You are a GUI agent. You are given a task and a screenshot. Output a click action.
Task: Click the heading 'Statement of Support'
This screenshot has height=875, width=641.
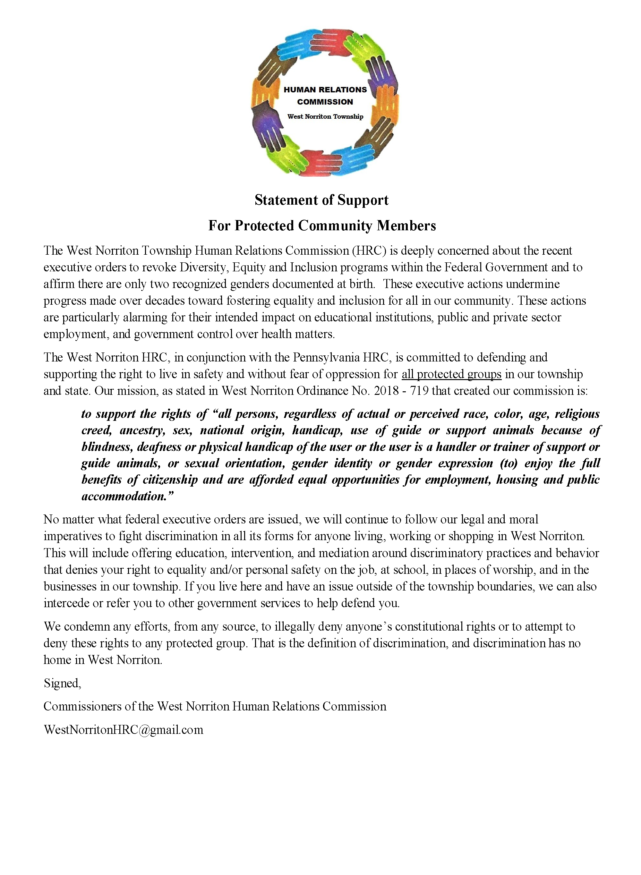point(321,200)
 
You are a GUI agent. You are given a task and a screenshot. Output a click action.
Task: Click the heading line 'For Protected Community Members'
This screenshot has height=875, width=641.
point(322,225)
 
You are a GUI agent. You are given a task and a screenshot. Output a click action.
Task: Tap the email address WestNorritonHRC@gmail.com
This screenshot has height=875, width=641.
point(124,730)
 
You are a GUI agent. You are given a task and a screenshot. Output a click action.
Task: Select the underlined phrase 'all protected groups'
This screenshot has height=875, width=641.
point(451,374)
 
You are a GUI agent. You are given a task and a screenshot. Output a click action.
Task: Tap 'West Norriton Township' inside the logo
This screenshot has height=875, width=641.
point(325,116)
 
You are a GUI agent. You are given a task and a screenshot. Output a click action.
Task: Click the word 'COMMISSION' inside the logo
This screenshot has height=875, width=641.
point(325,102)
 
